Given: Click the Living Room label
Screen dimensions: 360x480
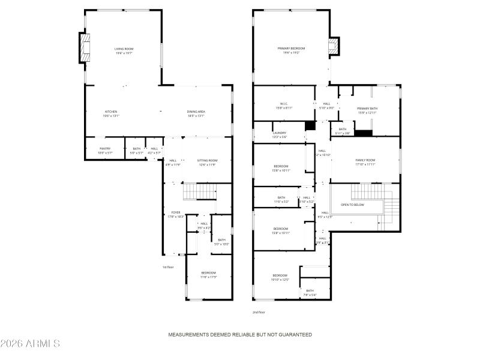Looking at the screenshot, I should coord(123,51).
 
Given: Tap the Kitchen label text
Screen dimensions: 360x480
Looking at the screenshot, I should coord(111,113).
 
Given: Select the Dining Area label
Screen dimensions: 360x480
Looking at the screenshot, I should coord(196,113).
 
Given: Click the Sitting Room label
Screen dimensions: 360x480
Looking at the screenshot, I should coord(207,162).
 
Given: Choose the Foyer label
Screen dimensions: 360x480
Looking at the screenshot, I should coord(176,214).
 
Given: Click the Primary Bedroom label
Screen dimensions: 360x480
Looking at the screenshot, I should coord(291,50).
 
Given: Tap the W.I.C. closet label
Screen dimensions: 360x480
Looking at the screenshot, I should coord(284,106).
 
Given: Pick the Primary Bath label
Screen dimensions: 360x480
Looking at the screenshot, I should coord(367,110).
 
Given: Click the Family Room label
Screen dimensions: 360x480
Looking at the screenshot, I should coord(365,161).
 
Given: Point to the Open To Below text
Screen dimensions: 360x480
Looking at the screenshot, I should coord(353,205).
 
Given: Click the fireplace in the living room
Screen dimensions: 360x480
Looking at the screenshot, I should coord(85,48).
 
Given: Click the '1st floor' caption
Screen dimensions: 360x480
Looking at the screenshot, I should coord(168,267).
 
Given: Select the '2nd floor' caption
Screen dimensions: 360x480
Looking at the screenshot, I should coord(259,312).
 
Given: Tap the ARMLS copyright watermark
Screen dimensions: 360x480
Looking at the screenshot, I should coord(30,344).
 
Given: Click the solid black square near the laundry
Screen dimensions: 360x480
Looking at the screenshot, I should coord(310,126).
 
